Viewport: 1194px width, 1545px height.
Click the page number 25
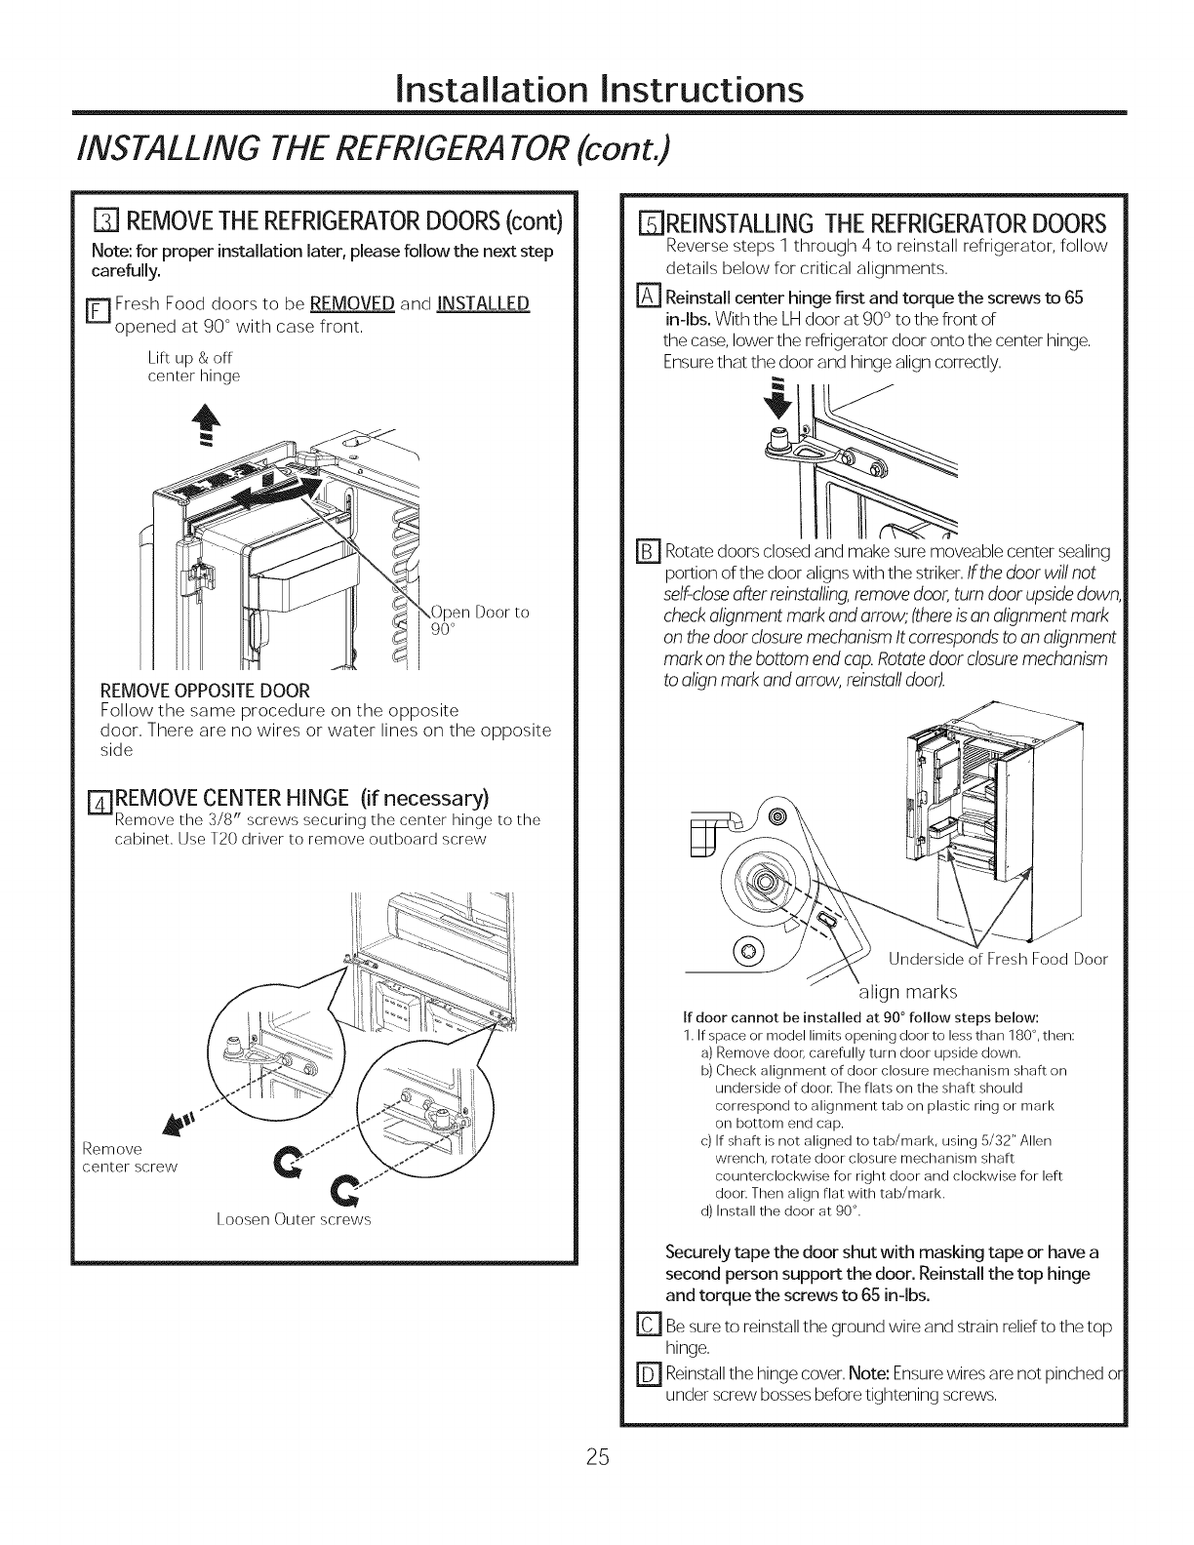598,1457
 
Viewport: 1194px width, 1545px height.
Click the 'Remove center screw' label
129,1158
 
